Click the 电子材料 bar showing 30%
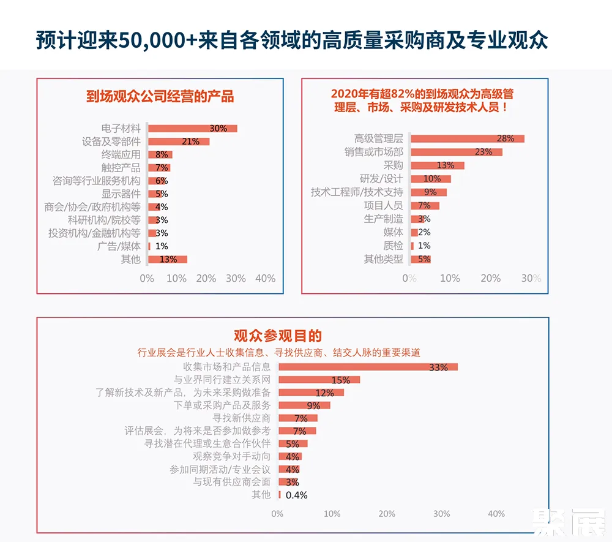tap(193, 129)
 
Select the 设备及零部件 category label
tap(111, 141)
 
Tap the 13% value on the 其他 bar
tap(168, 259)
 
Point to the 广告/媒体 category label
tap(119, 246)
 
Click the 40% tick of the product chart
tap(265, 279)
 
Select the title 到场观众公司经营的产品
tap(160, 97)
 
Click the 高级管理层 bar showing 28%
tap(467, 138)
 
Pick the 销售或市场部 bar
tap(456, 152)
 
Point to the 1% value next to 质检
tap(424, 246)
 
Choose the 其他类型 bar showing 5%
tap(420, 259)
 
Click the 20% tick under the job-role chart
tap(491, 279)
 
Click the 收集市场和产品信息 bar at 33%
tap(368, 367)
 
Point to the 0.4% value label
tap(297, 495)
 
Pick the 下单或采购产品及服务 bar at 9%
tap(304, 405)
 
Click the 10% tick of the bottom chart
tap(332, 514)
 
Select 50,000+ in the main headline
tap(151, 40)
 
